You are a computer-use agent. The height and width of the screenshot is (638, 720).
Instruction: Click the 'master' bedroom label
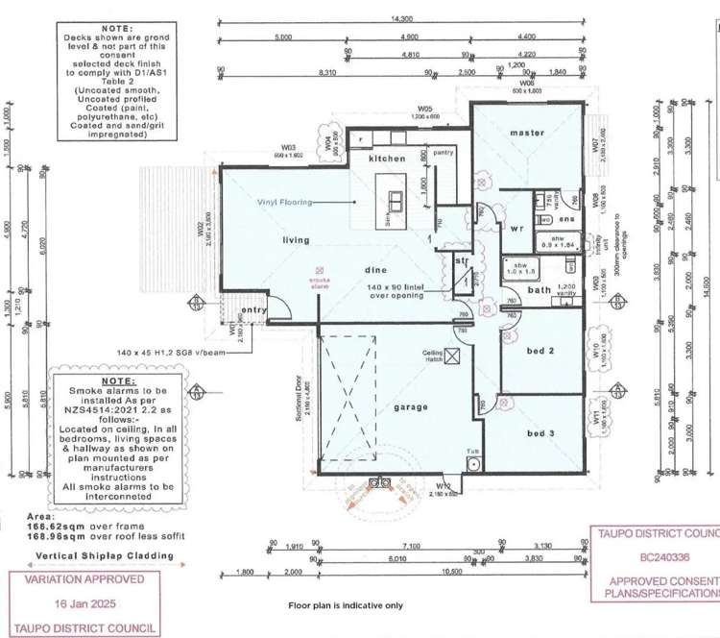pyautogui.click(x=527, y=132)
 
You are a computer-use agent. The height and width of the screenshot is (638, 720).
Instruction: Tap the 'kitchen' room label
pyautogui.click(x=387, y=158)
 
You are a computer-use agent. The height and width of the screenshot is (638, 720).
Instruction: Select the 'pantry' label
pyautogui.click(x=443, y=152)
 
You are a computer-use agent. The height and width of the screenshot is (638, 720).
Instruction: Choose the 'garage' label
pyautogui.click(x=409, y=406)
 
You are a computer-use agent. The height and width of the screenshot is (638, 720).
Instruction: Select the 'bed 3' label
pyautogui.click(x=540, y=434)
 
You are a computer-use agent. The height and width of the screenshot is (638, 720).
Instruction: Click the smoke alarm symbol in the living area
pyautogui.click(x=321, y=272)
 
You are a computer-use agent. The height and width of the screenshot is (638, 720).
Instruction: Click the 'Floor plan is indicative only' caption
pyautogui.click(x=346, y=606)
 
